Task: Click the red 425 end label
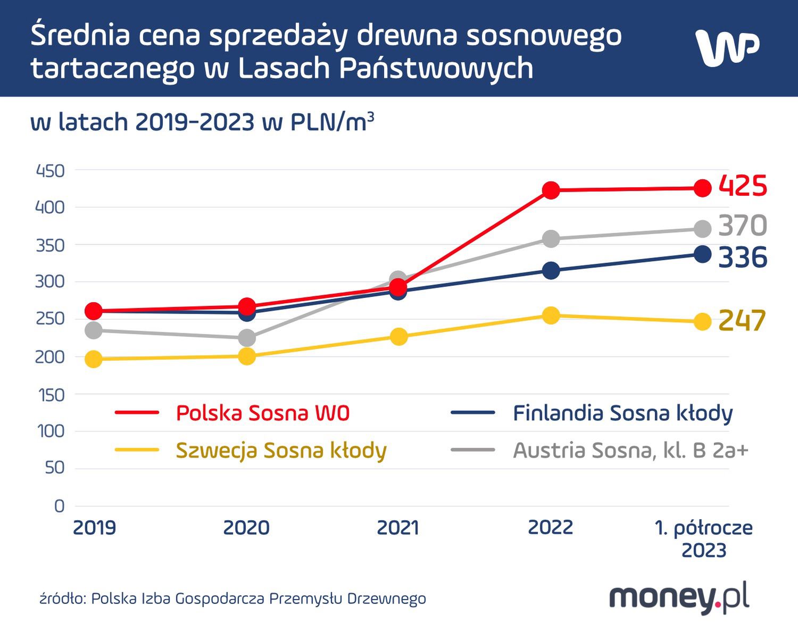[743, 186]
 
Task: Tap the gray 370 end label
[743, 226]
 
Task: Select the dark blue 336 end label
[743, 257]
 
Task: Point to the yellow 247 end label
[742, 321]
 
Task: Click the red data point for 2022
[551, 190]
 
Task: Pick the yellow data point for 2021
[398, 336]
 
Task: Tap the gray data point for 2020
[246, 337]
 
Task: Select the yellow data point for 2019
[94, 359]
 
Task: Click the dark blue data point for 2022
[551, 270]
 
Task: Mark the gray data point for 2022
[551, 238]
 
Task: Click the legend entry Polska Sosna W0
[262, 413]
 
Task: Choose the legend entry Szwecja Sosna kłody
[281, 451]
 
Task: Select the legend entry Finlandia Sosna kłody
[622, 413]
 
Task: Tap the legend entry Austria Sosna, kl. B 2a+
[630, 451]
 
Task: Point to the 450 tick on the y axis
[49, 171]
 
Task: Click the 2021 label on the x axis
[398, 528]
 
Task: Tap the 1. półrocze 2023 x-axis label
[703, 538]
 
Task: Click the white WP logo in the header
[727, 48]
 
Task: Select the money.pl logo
[679, 599]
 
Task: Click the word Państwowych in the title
[436, 68]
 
